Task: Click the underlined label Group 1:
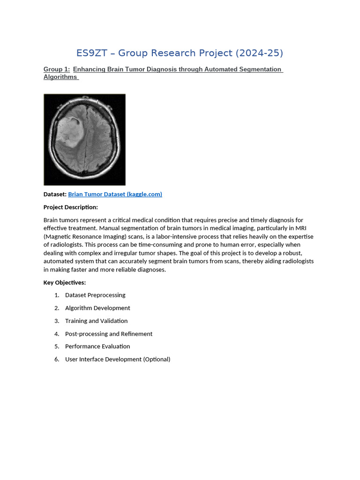pyautogui.click(x=57, y=69)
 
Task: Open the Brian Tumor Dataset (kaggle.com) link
pyautogui.click(x=115, y=194)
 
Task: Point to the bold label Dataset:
pyautogui.click(x=55, y=194)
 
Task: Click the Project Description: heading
pyautogui.click(x=71, y=207)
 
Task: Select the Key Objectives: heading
pyautogui.click(x=65, y=283)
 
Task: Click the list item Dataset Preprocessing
pyautogui.click(x=95, y=295)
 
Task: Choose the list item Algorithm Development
pyautogui.click(x=97, y=308)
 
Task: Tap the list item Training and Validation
pyautogui.click(x=96, y=321)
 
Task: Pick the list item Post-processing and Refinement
pyautogui.click(x=109, y=334)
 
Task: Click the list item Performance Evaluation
pyautogui.click(x=97, y=346)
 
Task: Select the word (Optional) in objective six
pyautogui.click(x=157, y=360)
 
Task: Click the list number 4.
pyautogui.click(x=56, y=334)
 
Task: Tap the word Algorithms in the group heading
pyautogui.click(x=60, y=77)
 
